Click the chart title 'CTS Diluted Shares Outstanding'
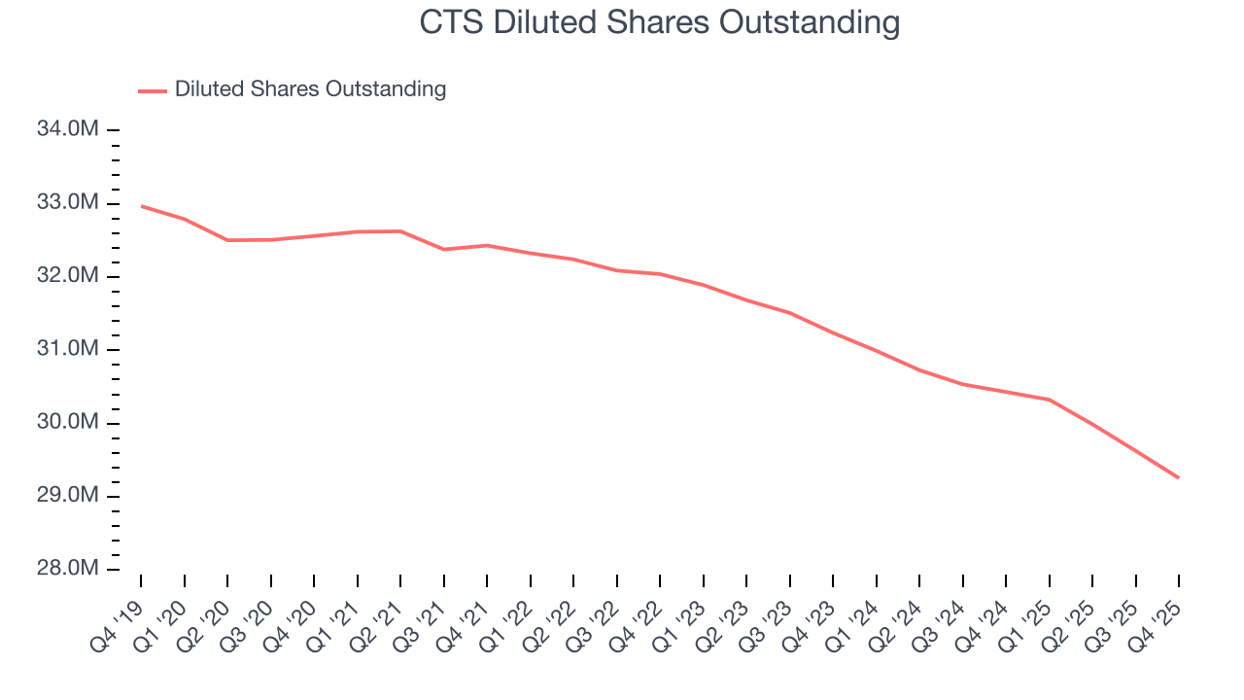(659, 22)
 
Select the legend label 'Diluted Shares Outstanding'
(310, 89)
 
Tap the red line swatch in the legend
(153, 90)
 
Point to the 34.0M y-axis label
(67, 129)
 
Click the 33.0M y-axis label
(67, 203)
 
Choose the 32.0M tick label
(67, 276)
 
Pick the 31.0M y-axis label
(67, 349)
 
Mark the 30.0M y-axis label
(67, 423)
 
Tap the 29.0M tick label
(67, 496)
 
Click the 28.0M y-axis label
(67, 569)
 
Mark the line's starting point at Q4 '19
(141, 206)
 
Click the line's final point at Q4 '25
(1179, 477)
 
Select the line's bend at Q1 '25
(1049, 400)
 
